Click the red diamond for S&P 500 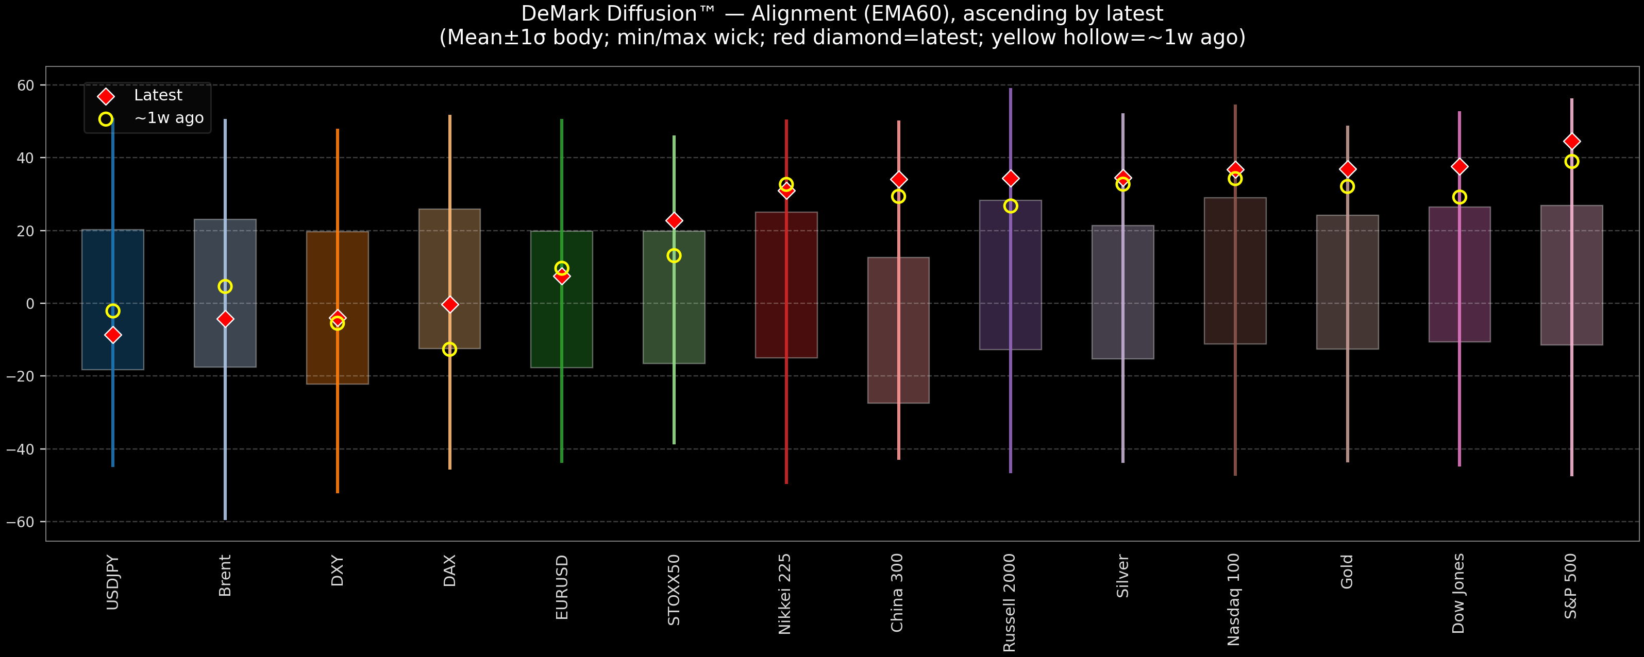1571,141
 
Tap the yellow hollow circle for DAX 449,350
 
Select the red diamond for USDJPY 113,335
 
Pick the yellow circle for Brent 225,286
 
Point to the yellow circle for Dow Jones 1459,197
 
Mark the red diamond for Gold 1347,169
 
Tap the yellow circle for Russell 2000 1010,206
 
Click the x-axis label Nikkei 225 785,593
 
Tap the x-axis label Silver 1122,576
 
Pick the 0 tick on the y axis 30,304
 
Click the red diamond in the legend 106,96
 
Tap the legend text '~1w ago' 169,118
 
